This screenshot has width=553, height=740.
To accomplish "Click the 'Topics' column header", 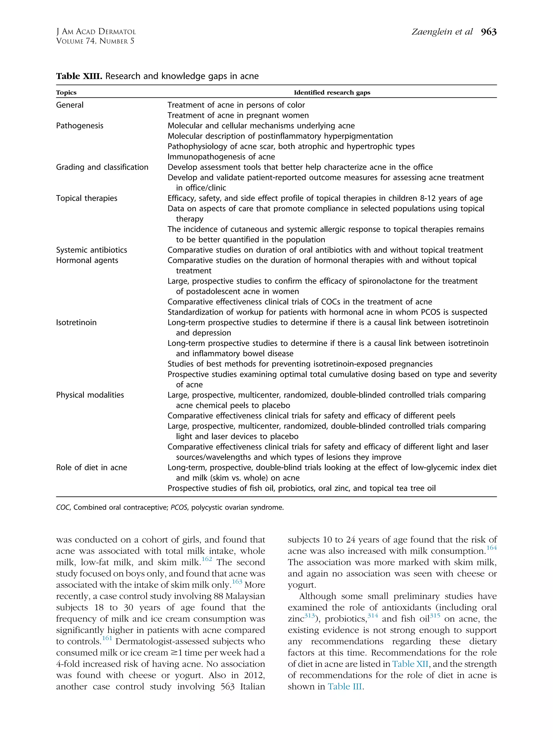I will click(66, 93).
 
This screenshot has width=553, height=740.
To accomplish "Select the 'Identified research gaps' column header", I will click(332, 93).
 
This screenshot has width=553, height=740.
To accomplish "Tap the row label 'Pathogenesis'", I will click(80, 126).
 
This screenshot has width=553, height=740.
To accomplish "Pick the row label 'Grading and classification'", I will click(102, 167).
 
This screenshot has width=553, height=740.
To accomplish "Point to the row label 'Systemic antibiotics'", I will click(91, 250).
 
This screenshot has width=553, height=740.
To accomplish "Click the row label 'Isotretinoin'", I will click(76, 323).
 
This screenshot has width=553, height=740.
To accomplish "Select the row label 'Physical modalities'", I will click(90, 395).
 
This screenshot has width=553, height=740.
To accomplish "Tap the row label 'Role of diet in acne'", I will click(91, 468).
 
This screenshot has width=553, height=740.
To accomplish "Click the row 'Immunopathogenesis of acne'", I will click(221, 157).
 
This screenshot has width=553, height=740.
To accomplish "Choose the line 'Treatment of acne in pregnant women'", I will click(238, 116).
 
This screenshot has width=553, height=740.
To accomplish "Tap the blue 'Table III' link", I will click(345, 687).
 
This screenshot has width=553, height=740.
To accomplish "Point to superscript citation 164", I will click(491, 548).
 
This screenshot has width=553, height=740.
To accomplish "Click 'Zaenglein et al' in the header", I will click(441, 32).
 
